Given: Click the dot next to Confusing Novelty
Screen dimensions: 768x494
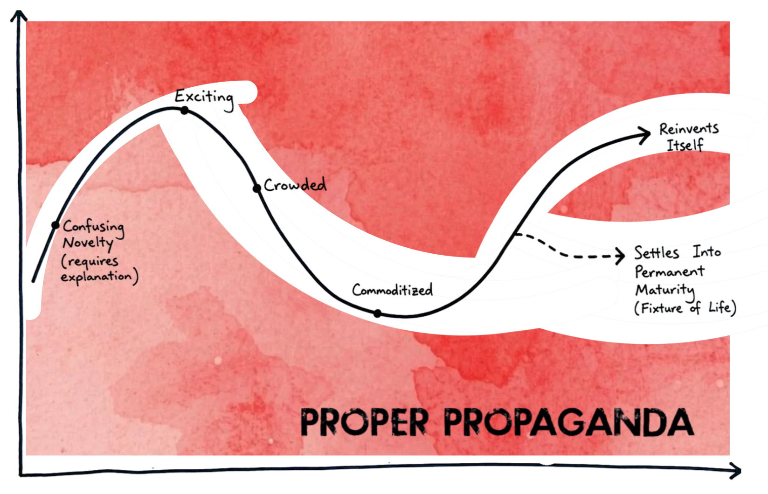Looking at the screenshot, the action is click(55, 225).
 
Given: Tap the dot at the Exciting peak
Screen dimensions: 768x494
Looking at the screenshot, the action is click(185, 111).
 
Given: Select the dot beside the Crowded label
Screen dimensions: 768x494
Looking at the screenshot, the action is click(257, 188).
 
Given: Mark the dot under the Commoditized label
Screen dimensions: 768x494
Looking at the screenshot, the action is click(377, 313).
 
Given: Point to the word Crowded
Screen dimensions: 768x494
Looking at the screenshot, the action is click(295, 185).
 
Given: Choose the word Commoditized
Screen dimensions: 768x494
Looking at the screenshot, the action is click(392, 290).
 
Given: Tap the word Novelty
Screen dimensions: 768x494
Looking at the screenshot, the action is click(88, 244).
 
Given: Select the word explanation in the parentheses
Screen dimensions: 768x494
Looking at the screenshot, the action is click(97, 277).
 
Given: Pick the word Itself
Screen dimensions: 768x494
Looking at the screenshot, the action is click(685, 145).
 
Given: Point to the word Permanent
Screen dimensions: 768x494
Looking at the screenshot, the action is click(670, 271).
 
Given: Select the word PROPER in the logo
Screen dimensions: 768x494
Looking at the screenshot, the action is click(365, 422).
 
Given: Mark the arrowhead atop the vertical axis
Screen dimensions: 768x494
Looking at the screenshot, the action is click(19, 15).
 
